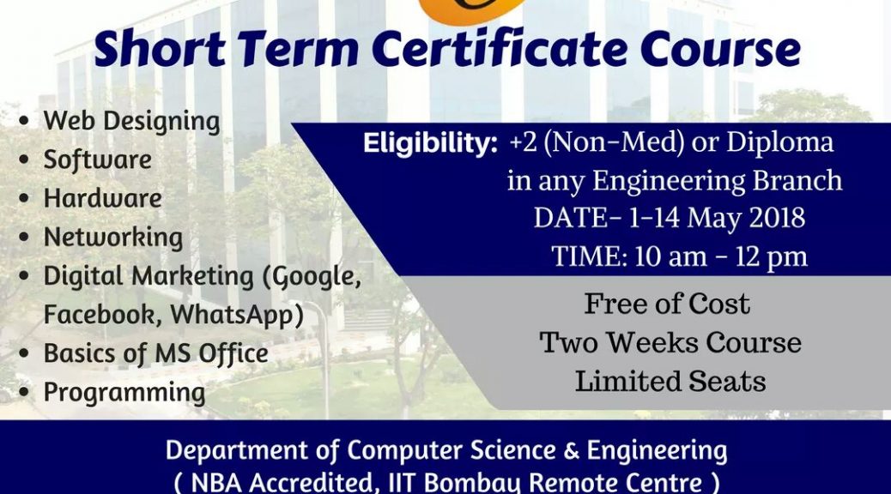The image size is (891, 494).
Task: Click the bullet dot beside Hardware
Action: [x=24, y=199]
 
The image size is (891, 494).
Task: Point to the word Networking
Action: [x=113, y=238]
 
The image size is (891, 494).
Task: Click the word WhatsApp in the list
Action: [x=237, y=315]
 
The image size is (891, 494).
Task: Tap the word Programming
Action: [x=124, y=393]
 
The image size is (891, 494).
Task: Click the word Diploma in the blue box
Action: [x=779, y=143]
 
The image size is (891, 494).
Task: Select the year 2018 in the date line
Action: [x=777, y=219]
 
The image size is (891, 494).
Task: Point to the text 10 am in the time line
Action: [x=670, y=256]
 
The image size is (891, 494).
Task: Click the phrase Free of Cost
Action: [x=667, y=304]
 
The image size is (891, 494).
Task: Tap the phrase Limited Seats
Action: [x=670, y=381]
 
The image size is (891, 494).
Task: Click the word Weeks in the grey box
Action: [x=653, y=343]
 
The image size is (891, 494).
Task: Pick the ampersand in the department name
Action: [x=571, y=451]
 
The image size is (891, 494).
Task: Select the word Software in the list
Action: [x=98, y=160]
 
